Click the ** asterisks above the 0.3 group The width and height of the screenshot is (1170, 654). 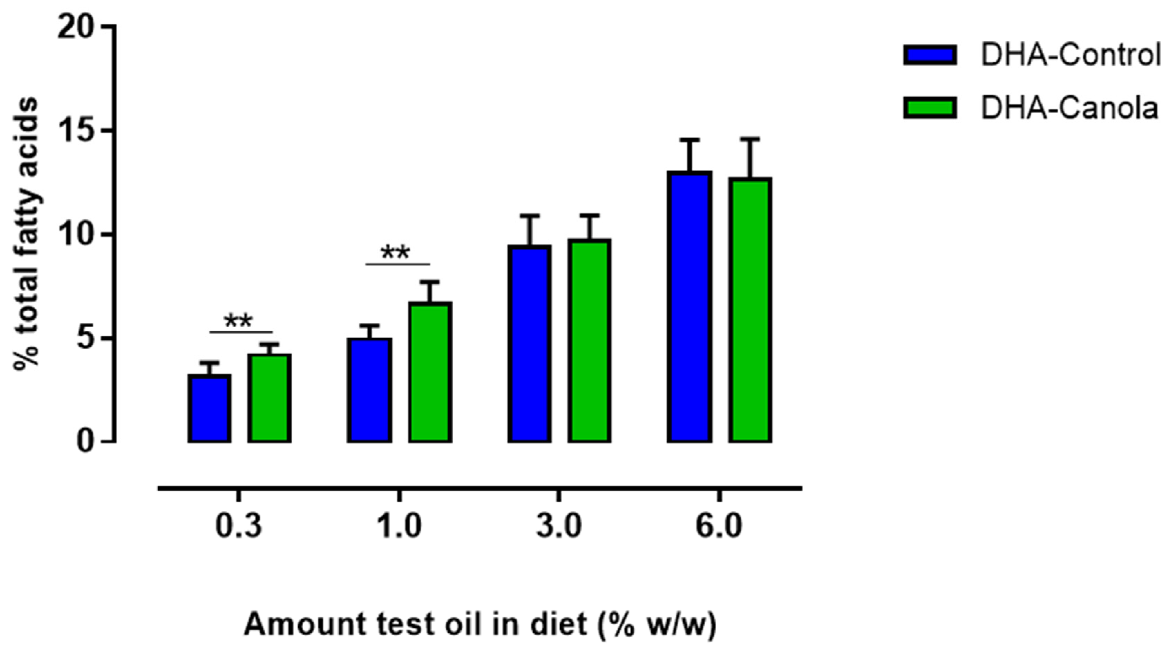coord(238,321)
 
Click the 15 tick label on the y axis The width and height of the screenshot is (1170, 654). coord(78,131)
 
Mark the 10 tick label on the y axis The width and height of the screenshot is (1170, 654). coord(78,235)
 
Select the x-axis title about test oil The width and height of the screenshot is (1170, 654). coord(480,625)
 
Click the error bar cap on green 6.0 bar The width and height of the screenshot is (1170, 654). coord(750,139)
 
